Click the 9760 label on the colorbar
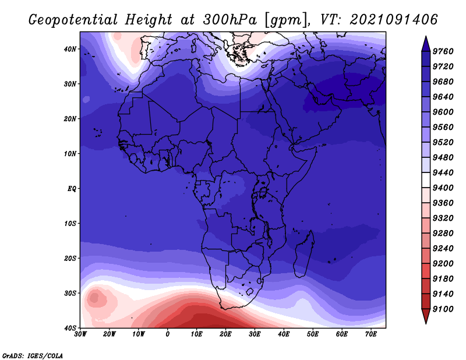(x=443, y=51)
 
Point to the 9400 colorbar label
(x=443, y=188)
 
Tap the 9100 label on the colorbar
(x=443, y=309)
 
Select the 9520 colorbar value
(x=443, y=142)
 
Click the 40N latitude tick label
(x=70, y=49)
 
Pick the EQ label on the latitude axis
(x=72, y=189)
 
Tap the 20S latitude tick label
(x=70, y=258)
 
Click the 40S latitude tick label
(x=70, y=328)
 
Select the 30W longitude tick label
(x=80, y=334)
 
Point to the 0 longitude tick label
(x=167, y=334)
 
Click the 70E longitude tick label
(x=370, y=334)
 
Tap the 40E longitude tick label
(x=284, y=334)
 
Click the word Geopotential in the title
(x=73, y=20)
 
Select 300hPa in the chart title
(x=230, y=20)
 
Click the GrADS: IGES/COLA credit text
(x=33, y=355)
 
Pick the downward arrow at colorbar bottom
(x=426, y=316)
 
